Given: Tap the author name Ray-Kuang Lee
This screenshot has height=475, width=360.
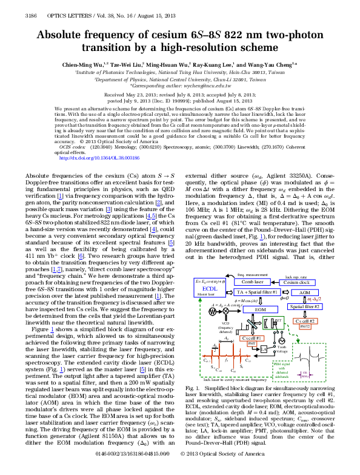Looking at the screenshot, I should coord(210,64).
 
